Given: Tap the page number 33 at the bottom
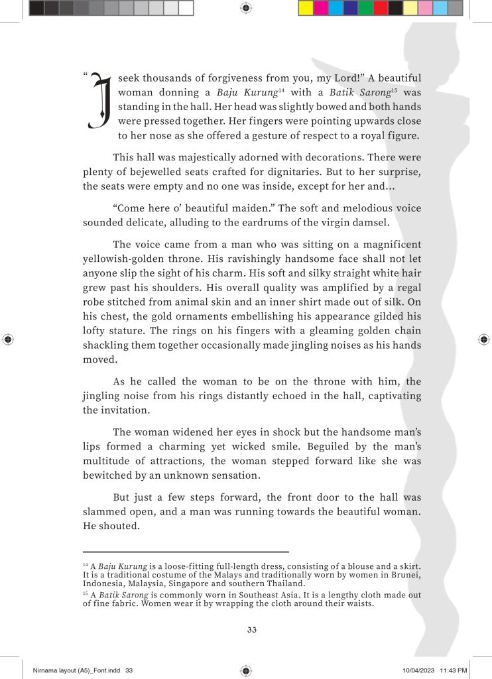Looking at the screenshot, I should click(x=246, y=629).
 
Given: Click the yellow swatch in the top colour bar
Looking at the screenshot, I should click(x=306, y=8).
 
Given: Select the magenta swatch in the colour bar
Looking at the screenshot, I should click(x=321, y=8).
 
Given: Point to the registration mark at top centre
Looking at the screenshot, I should click(x=246, y=8).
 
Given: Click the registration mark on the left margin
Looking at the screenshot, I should click(x=8, y=339).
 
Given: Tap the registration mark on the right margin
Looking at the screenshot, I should click(x=483, y=339).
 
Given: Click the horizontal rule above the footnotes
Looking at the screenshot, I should click(x=186, y=551).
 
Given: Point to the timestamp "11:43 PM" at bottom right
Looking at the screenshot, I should click(x=454, y=671).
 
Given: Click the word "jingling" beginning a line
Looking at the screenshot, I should click(x=103, y=397).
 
